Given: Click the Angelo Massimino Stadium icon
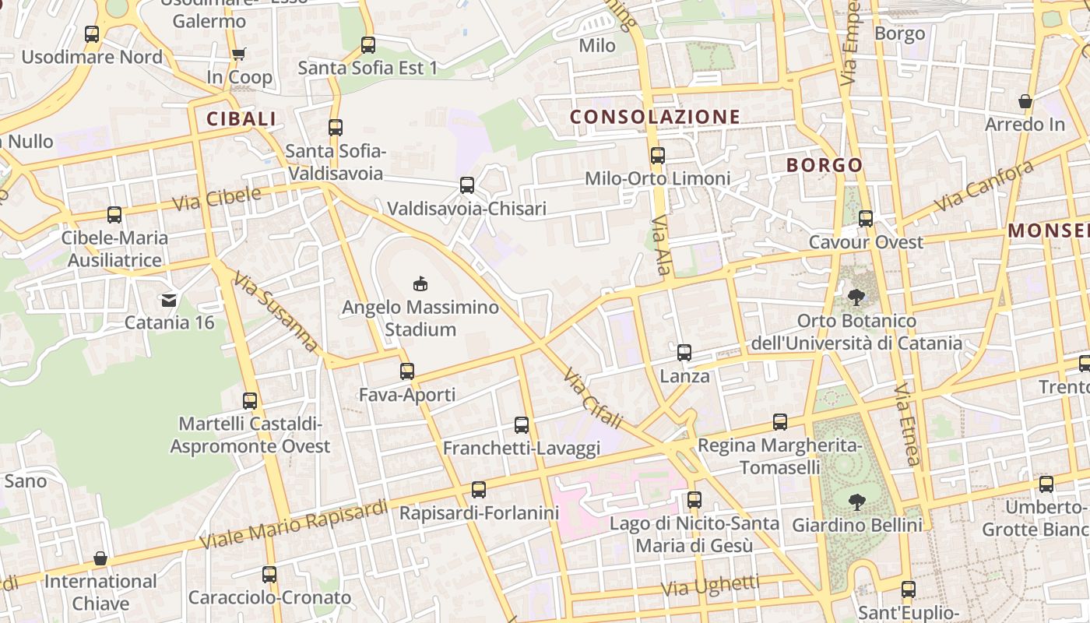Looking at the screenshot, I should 420,283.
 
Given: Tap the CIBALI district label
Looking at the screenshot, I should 241,118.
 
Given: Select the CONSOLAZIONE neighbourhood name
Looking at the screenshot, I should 655,117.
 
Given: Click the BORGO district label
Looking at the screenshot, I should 825,165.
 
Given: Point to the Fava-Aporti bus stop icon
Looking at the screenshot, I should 407,371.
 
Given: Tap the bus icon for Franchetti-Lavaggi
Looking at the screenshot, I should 522,425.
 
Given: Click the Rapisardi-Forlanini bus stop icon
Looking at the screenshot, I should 479,490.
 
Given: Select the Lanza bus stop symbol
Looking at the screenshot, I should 684,353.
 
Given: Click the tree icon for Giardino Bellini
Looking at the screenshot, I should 857,502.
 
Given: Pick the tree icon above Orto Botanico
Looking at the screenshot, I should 856,297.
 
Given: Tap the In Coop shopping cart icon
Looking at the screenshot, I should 238,54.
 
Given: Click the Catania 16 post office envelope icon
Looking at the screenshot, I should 168,300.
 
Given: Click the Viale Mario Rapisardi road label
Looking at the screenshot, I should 294,524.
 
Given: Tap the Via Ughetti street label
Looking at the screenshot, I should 710,586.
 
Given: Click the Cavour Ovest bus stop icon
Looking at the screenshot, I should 866,219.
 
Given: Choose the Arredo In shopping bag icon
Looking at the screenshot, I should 1025,102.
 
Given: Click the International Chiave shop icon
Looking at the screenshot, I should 100,558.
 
